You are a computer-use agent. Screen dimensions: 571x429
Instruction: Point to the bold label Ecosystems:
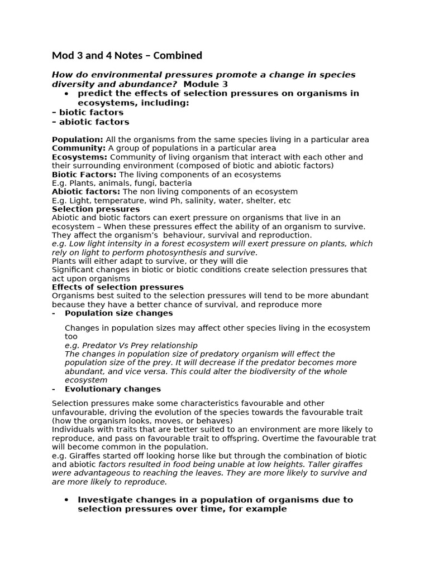coord(79,157)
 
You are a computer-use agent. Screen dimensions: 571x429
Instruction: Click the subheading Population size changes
coord(118,313)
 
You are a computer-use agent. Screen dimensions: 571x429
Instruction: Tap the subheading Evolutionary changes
coord(112,389)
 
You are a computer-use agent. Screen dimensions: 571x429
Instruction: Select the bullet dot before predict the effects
coord(66,93)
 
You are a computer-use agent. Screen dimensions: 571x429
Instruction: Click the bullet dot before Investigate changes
coord(66,500)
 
